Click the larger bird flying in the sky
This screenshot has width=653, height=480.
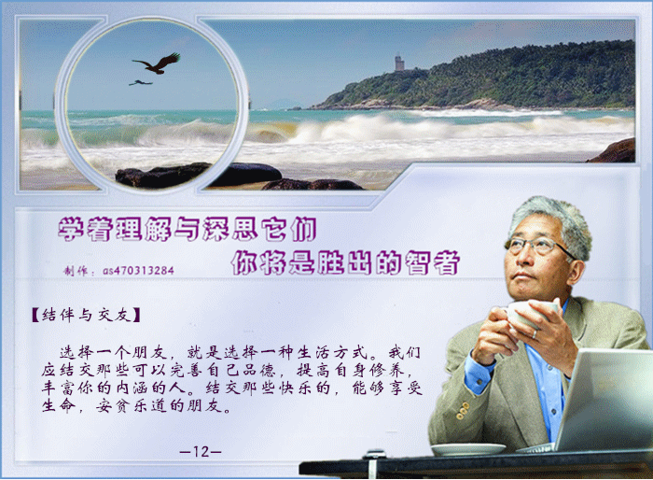tap(158, 64)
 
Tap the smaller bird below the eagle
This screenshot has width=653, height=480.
tap(140, 82)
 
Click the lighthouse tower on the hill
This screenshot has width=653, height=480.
tap(399, 63)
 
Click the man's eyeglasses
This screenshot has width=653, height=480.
tap(537, 246)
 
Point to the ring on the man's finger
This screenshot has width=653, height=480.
tap(535, 334)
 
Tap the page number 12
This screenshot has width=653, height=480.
tap(201, 451)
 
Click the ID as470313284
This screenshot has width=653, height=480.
tap(138, 271)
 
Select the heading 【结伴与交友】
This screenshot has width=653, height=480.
tap(86, 315)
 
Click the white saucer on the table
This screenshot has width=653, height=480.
tap(467, 449)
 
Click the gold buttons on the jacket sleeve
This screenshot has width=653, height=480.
tap(462, 410)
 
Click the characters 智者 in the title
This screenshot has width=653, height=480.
tap(432, 262)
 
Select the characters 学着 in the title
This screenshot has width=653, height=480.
tap(85, 229)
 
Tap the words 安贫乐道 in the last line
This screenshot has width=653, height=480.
tap(132, 405)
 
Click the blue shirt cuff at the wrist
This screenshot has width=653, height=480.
tap(479, 374)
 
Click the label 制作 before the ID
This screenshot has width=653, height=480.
tap(75, 271)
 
